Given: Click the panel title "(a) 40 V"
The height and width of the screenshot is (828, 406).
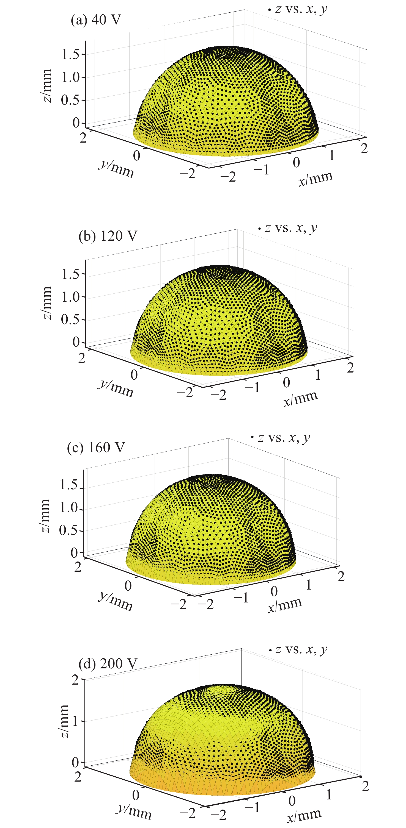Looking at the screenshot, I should [x=96, y=20].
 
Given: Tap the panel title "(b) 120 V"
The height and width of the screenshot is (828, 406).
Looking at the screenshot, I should [x=108, y=236].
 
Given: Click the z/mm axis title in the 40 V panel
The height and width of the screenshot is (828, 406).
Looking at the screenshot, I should [x=47, y=85].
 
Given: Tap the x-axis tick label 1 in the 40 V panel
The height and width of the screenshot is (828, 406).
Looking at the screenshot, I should [x=331, y=156].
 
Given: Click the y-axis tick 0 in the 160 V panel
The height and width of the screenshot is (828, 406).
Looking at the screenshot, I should [x=128, y=586].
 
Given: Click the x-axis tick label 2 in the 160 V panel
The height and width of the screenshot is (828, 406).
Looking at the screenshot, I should [x=341, y=576].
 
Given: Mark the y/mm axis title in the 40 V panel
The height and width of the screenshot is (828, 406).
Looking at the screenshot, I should [x=116, y=168].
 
